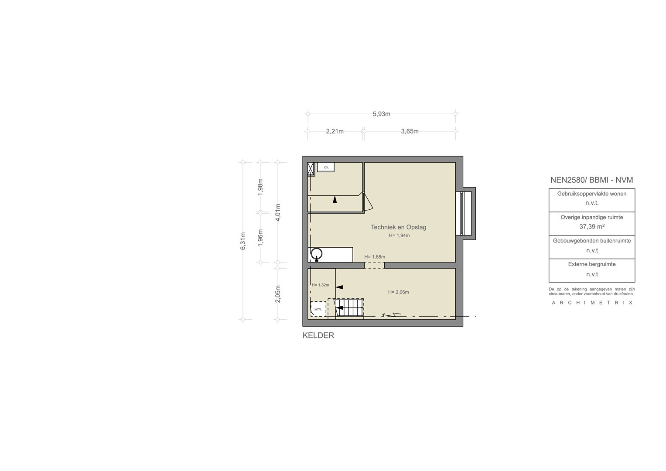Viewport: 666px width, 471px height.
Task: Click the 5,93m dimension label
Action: click(382, 114)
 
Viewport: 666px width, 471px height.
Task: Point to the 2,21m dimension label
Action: click(335, 131)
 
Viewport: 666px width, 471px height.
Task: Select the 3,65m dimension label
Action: click(410, 131)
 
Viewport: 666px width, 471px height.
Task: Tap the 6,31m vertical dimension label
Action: click(243, 241)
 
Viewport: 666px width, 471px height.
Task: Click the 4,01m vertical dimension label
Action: click(278, 212)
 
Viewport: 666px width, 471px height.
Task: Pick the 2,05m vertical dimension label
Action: click(278, 294)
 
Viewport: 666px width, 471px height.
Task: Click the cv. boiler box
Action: click(326, 167)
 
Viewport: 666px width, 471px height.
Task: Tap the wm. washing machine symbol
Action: click(318, 309)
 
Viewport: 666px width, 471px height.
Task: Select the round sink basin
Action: click(316, 254)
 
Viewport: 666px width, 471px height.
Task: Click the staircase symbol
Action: click(349, 308)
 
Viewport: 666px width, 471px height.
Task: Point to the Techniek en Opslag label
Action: click(398, 227)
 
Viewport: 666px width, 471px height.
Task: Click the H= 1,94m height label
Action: click(400, 235)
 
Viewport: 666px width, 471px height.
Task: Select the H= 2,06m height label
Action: click(398, 292)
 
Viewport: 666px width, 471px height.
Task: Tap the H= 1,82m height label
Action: click(321, 285)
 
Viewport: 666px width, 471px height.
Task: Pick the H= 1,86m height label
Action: click(375, 256)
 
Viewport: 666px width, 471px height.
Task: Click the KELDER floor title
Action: click(318, 335)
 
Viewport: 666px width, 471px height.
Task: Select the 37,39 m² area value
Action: click(592, 227)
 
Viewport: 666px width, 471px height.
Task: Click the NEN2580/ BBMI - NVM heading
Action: click(592, 180)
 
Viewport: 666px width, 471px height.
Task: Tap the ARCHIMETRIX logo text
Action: click(592, 303)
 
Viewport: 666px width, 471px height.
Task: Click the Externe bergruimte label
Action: click(592, 264)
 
